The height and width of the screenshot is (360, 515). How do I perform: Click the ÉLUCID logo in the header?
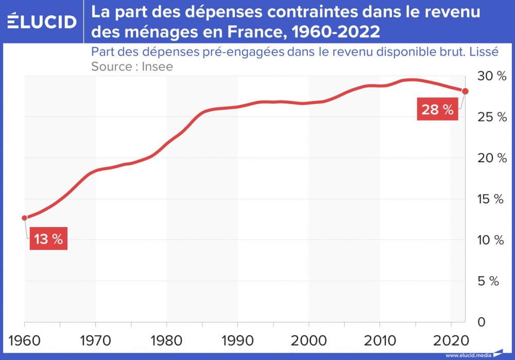42,21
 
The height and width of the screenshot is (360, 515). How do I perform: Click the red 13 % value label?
48,239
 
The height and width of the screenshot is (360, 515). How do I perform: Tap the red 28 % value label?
438,110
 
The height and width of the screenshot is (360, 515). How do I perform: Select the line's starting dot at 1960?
24,218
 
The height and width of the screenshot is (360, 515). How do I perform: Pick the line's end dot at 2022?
465,91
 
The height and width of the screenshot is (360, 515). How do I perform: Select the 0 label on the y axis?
481,322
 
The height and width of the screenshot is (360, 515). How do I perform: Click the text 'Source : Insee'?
132,66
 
